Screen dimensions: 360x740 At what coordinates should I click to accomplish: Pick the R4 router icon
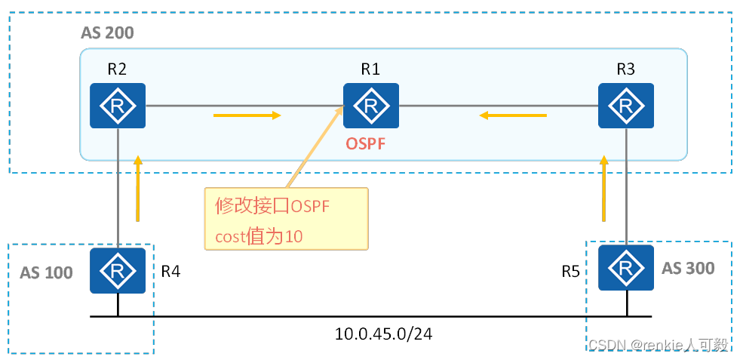(x=117, y=270)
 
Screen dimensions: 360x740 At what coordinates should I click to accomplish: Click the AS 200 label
(x=107, y=34)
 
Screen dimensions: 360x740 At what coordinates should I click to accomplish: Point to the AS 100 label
(x=46, y=272)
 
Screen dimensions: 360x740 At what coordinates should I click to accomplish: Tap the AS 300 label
(x=687, y=268)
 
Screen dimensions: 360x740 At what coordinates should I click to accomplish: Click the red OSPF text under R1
(x=365, y=143)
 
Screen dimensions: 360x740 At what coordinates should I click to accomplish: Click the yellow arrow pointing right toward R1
(x=247, y=115)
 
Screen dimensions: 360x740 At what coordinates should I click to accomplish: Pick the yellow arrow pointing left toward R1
(x=514, y=115)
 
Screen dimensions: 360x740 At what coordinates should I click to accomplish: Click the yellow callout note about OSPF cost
(x=286, y=219)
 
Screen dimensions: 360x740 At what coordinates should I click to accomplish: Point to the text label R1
(x=370, y=69)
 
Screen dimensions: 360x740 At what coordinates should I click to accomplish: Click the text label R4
(x=170, y=269)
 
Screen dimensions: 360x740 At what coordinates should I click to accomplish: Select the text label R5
(x=570, y=269)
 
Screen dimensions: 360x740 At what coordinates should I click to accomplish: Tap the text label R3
(x=625, y=69)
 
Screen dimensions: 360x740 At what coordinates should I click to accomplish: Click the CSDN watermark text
(x=658, y=344)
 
